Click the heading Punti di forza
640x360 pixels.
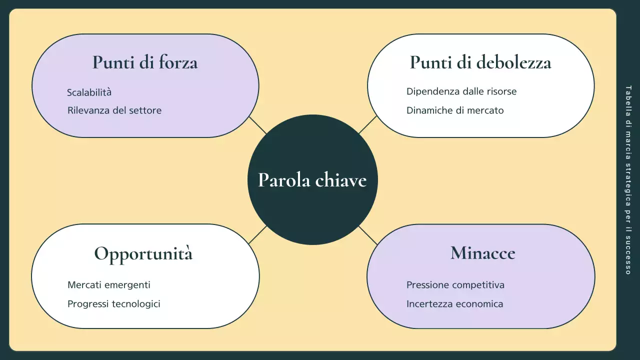[145, 62]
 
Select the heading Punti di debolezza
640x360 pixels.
[480, 62]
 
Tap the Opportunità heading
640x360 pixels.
[143, 253]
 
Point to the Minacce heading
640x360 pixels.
[482, 253]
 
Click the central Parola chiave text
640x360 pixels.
[312, 180]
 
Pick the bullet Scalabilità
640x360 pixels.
[89, 92]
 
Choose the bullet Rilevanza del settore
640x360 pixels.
[114, 110]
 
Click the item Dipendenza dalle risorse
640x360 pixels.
[461, 91]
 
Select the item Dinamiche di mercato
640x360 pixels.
[455, 110]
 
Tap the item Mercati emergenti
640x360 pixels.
[109, 285]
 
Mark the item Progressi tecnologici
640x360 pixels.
[114, 304]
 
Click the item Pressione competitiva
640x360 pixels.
[455, 285]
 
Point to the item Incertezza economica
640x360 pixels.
[455, 304]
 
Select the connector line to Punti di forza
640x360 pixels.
[258, 125]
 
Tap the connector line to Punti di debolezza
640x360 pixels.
[367, 125]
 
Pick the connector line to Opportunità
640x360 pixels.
[257, 235]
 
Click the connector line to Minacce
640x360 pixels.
[367, 235]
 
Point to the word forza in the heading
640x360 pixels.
[178, 62]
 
